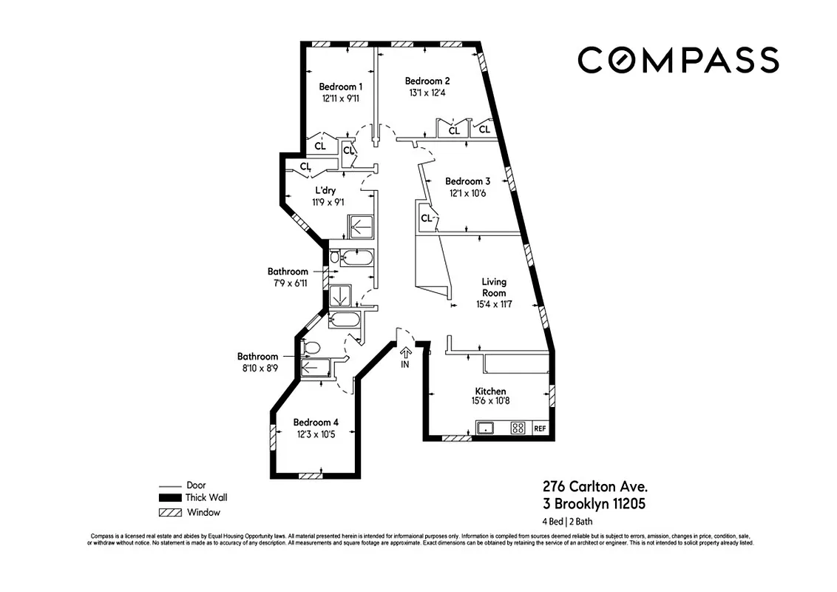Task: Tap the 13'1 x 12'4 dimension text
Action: (427, 93)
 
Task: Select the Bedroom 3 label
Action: (467, 181)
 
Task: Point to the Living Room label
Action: (494, 287)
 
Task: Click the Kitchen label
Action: (490, 391)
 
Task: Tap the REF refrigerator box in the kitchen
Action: (539, 428)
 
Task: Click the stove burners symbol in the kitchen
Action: (518, 428)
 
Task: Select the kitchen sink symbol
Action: (486, 428)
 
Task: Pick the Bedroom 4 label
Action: (316, 423)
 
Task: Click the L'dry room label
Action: (325, 191)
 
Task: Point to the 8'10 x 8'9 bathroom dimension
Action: (257, 368)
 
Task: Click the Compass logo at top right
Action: (677, 59)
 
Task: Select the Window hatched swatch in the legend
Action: (169, 512)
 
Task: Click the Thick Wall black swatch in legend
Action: (169, 498)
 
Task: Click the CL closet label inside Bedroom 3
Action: (426, 218)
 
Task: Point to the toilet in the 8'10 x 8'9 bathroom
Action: (311, 347)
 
